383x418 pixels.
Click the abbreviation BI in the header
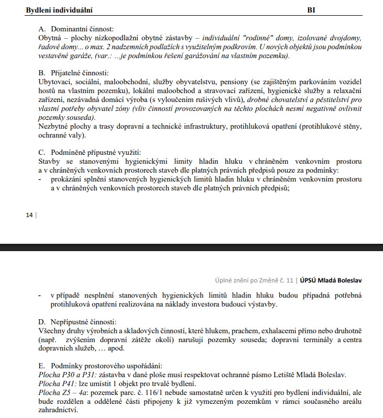point(311,9)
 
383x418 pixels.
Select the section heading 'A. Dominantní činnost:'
point(76,29)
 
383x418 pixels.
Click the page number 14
point(29,214)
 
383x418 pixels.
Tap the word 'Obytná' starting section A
point(50,38)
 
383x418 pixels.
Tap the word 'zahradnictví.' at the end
point(58,410)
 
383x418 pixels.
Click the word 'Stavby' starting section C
point(50,162)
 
